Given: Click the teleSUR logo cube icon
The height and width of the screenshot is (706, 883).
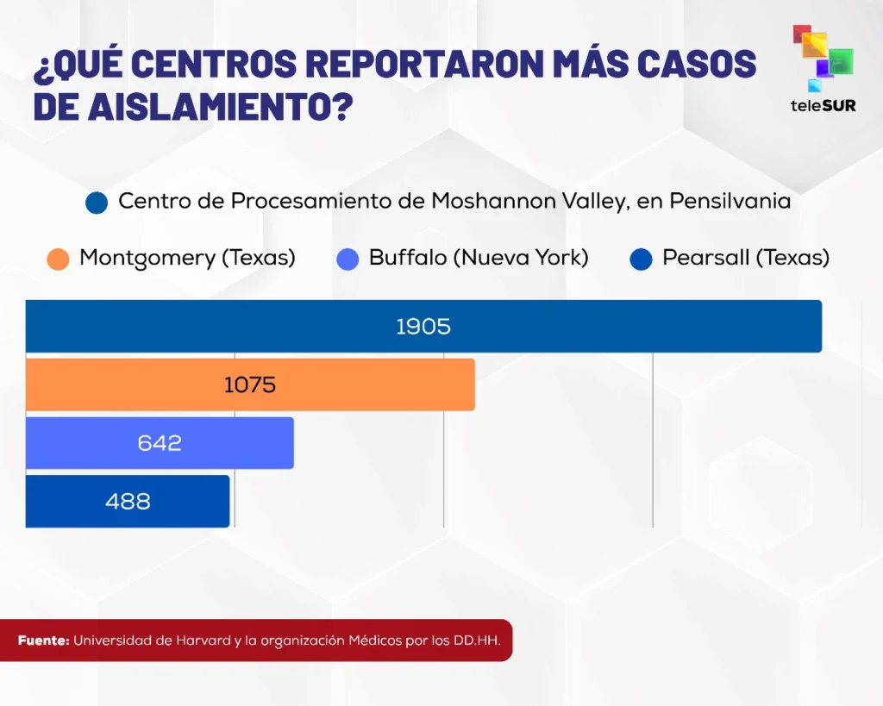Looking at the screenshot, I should coord(822,57).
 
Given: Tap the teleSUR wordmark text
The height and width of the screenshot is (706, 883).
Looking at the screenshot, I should coord(823,105).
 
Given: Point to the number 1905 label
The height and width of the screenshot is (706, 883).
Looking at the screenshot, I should coord(423,327).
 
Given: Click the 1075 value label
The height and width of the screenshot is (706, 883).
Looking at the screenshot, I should coord(250,384).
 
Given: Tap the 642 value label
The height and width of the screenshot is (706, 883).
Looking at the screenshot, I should coord(160,443).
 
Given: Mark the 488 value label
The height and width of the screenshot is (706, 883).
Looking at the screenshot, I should coord(128,501).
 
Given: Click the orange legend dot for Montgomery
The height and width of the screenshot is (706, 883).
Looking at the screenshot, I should coord(59,259).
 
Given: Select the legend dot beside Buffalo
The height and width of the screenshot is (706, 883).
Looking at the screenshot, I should coord(348,259).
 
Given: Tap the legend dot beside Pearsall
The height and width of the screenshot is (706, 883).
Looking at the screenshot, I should coord(641,259).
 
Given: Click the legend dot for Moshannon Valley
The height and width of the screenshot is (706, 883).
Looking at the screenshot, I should coord(97,203).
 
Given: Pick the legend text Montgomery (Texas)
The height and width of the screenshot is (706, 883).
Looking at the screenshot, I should coord(187,258).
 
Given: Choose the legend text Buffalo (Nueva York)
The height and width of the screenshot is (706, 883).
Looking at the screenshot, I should coord(479,258).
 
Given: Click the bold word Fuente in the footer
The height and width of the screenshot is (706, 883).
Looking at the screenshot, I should coord(43,641).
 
